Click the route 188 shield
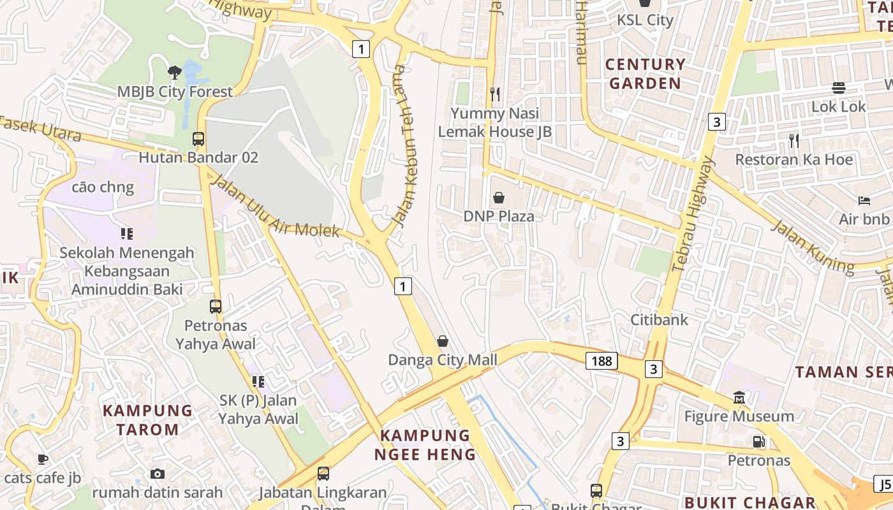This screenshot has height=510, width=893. coord(601,361)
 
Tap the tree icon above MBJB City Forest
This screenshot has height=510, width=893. coord(174,72)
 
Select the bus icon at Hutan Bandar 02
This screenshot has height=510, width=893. coord(198,138)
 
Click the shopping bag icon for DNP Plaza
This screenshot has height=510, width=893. coord(499,198)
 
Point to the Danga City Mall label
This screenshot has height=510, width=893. coord(443,360)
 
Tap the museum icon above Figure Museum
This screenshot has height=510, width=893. coord(739,397)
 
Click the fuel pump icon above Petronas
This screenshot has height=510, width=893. coord(758,441)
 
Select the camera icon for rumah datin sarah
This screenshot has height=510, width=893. coord(158,474)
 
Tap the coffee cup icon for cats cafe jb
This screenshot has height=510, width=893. coord(43,459)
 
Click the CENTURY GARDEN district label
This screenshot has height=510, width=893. coord(646,74)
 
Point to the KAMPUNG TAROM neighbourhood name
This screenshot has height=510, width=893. coord(148,420)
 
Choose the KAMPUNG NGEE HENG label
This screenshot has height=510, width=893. coord(425,445)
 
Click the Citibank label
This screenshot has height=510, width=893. coord(660,319)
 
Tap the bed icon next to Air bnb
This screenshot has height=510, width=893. coord(864,200)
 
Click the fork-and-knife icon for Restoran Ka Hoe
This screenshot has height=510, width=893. coord(794,140)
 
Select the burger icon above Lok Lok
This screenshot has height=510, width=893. coord(839,87)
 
